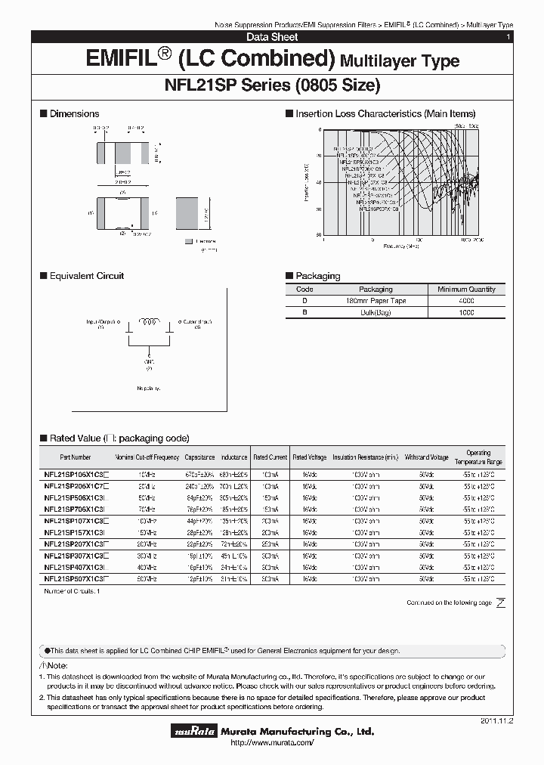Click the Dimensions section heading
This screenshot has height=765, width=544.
[x=74, y=113]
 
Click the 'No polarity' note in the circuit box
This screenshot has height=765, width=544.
[x=150, y=388]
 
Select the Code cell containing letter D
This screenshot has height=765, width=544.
[x=304, y=301]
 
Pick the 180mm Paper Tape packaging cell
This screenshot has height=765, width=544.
[x=376, y=301]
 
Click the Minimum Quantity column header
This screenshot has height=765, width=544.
[x=466, y=290]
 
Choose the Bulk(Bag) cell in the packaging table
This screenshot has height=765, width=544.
[x=376, y=312]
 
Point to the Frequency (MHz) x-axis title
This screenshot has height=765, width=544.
[x=402, y=246]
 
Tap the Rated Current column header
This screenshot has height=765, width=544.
[x=270, y=457]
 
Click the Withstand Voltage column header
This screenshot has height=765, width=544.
[x=426, y=457]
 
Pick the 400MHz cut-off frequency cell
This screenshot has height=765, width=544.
[x=147, y=567]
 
